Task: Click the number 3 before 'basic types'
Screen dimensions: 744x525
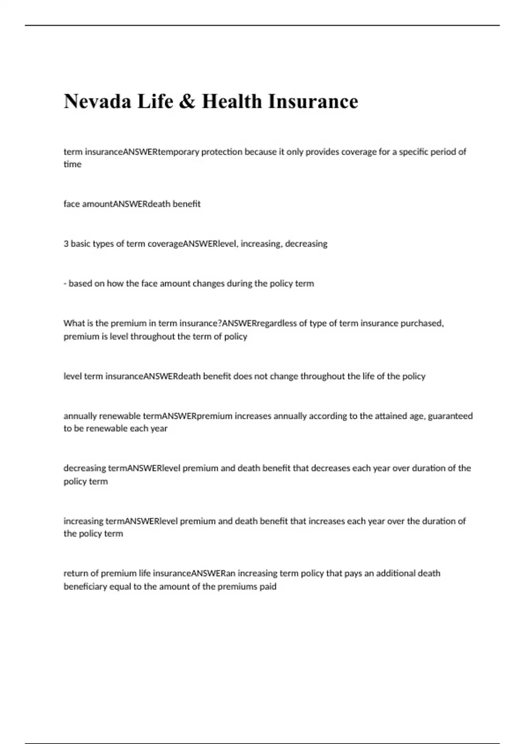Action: pyautogui.click(x=66, y=244)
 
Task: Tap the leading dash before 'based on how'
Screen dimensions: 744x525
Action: pyautogui.click(x=65, y=284)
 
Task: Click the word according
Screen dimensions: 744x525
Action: pyautogui.click(x=328, y=416)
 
